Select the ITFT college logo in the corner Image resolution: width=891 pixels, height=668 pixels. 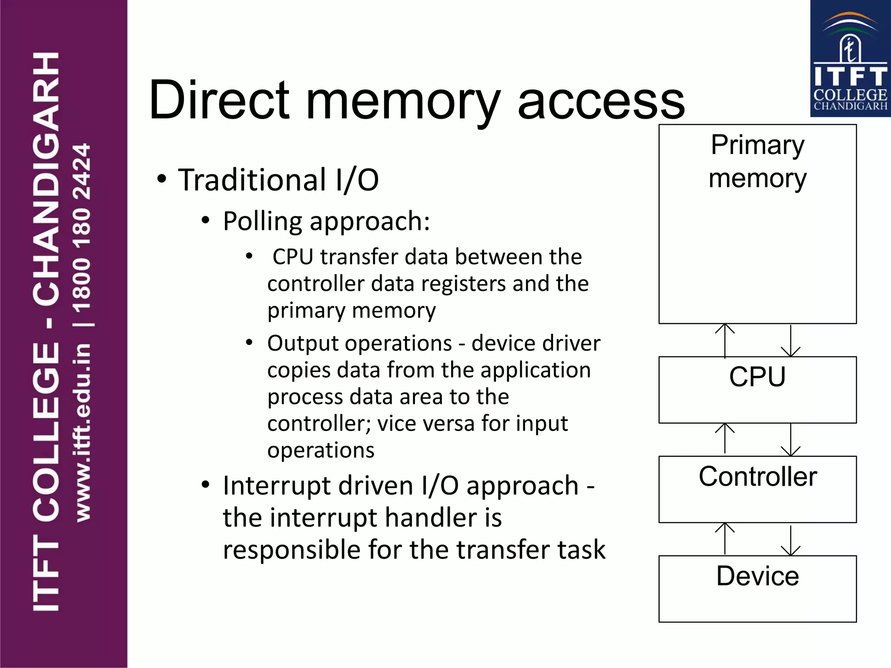click(x=850, y=59)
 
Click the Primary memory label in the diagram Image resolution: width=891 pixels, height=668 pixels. click(x=757, y=162)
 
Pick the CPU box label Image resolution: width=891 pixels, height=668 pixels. click(x=757, y=377)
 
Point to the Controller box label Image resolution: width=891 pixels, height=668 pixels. click(x=757, y=477)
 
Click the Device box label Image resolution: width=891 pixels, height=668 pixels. click(x=757, y=576)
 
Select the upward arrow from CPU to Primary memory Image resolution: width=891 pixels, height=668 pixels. click(x=725, y=341)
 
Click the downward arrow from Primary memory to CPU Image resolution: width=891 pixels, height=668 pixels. click(x=791, y=341)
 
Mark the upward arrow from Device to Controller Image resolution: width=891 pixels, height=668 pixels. click(x=725, y=539)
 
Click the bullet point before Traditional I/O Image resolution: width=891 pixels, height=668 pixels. click(x=162, y=179)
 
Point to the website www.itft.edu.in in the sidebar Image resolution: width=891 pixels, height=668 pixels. click(x=83, y=432)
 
